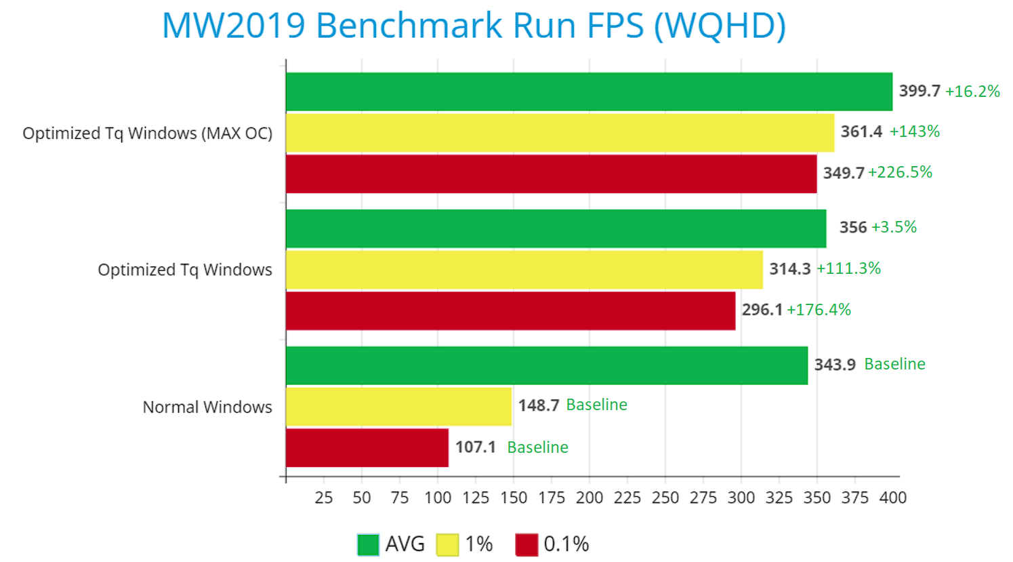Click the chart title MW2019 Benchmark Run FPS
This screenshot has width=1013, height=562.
coord(474,26)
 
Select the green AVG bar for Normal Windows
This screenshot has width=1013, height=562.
coord(547,365)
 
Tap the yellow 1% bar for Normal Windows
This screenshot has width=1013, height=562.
coord(398,406)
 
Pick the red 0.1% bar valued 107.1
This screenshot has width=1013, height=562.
coord(367,447)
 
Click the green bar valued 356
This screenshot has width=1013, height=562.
coord(556,228)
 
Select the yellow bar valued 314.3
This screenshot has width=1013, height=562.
coord(524,269)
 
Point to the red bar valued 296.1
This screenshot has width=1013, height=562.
coord(510,310)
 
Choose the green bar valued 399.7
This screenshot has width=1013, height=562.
coord(589,92)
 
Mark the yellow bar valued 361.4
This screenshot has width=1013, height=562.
coord(560,133)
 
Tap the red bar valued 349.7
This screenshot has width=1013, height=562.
coord(551,174)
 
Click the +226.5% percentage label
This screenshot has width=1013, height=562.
coord(900,173)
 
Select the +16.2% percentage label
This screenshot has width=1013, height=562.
coord(972,92)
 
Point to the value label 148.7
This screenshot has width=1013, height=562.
coord(539,405)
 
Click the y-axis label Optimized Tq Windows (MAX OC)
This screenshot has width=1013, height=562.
coord(148,133)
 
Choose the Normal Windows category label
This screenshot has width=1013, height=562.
coord(207,407)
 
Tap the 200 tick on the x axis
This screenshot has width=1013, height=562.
coord(590,498)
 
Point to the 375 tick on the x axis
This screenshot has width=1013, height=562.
coord(855,498)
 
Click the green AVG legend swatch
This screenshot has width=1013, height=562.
coord(368,544)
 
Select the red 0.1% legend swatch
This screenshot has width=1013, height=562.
coord(526,544)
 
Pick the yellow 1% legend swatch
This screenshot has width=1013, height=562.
coord(447,544)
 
